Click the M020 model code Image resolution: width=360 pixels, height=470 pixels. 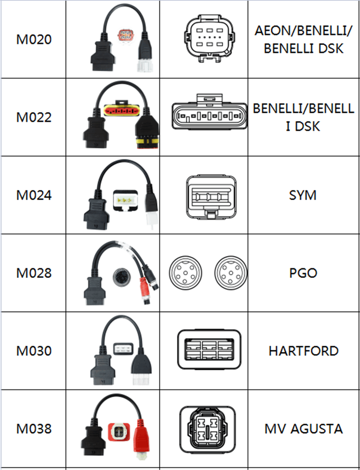tap(34, 40)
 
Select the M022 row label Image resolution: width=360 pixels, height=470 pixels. tap(34, 117)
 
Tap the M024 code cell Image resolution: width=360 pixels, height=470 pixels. tap(34, 195)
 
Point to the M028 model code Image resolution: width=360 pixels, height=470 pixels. tap(34, 273)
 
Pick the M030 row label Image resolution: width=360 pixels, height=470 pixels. tap(34, 351)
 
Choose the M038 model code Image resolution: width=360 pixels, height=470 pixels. tap(34, 429)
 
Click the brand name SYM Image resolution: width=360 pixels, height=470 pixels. tap(303, 195)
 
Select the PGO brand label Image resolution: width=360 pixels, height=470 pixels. tap(303, 273)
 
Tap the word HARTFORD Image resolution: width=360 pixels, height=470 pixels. tap(303, 351)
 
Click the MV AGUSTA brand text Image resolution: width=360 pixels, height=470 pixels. tap(303, 429)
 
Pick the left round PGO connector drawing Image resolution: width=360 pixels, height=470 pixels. tap(185, 273)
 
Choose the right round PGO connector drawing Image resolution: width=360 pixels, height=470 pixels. tap(232, 273)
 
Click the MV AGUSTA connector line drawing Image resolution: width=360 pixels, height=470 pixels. tap(207, 428)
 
